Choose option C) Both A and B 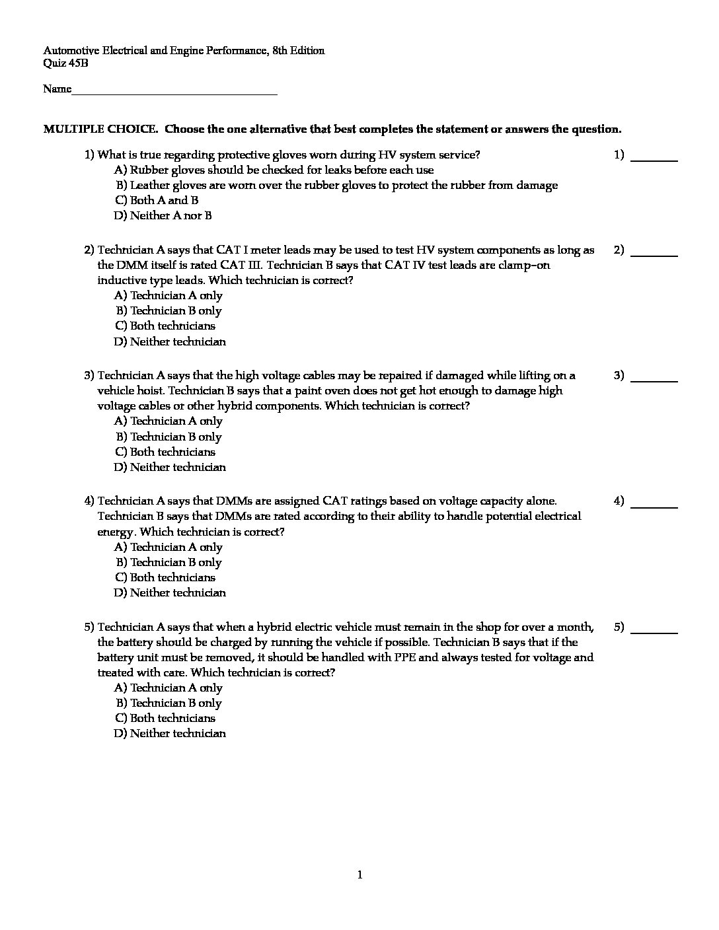click(x=157, y=200)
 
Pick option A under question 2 click(x=168, y=295)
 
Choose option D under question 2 click(x=170, y=341)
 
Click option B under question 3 click(x=169, y=437)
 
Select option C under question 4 click(x=165, y=577)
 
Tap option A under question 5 click(x=168, y=688)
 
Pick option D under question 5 click(x=170, y=733)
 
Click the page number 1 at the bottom click(x=359, y=875)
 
